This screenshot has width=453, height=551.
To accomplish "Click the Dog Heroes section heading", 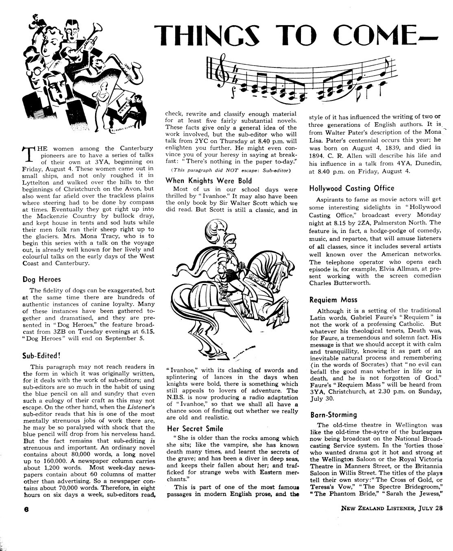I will point(41,279).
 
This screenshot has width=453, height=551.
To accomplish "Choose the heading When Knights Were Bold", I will point(209,180).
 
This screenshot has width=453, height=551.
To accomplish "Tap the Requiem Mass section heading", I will point(333,300).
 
